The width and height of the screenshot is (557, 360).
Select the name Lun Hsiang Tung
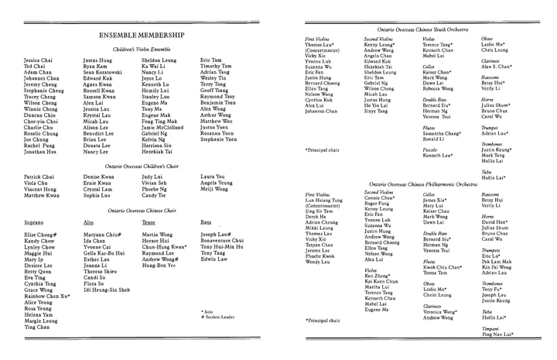(x=327, y=200)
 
